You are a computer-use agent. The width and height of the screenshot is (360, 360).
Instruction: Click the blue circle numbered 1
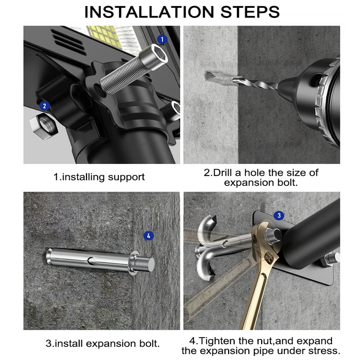click(x=162, y=39)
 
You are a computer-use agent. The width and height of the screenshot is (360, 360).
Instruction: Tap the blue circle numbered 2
click(x=45, y=106)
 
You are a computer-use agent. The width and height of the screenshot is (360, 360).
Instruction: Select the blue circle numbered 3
click(x=279, y=215)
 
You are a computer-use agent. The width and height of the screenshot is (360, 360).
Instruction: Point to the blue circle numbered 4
click(x=149, y=236)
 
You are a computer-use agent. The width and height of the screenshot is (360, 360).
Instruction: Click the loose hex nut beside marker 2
click(x=44, y=126)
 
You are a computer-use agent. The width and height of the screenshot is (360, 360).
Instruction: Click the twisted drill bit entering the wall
click(x=255, y=83)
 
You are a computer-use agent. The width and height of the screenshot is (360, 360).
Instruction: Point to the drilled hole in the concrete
click(x=215, y=77)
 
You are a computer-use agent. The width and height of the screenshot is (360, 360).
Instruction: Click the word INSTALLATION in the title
click(x=149, y=12)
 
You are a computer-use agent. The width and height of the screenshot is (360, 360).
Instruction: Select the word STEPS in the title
click(x=250, y=12)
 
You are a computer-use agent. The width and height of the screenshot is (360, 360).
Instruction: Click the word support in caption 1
click(x=126, y=177)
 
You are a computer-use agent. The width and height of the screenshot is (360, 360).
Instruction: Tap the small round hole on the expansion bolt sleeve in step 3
click(x=91, y=260)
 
